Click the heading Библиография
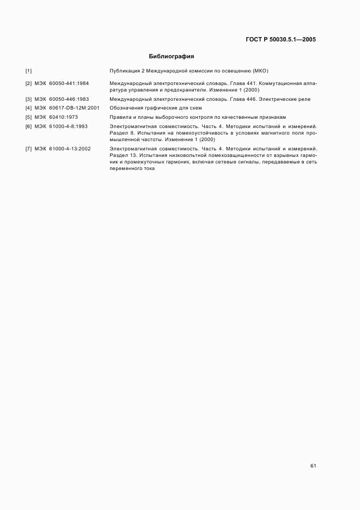tap(171, 56)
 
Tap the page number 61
tap(313, 466)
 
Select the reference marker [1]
tap(28, 71)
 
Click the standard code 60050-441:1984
tap(69, 83)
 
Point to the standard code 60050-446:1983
tap(69, 100)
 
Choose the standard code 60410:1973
tap(64, 117)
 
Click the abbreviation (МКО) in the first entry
tap(261, 71)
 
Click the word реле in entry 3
tap(305, 100)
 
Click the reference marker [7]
tap(28, 148)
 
